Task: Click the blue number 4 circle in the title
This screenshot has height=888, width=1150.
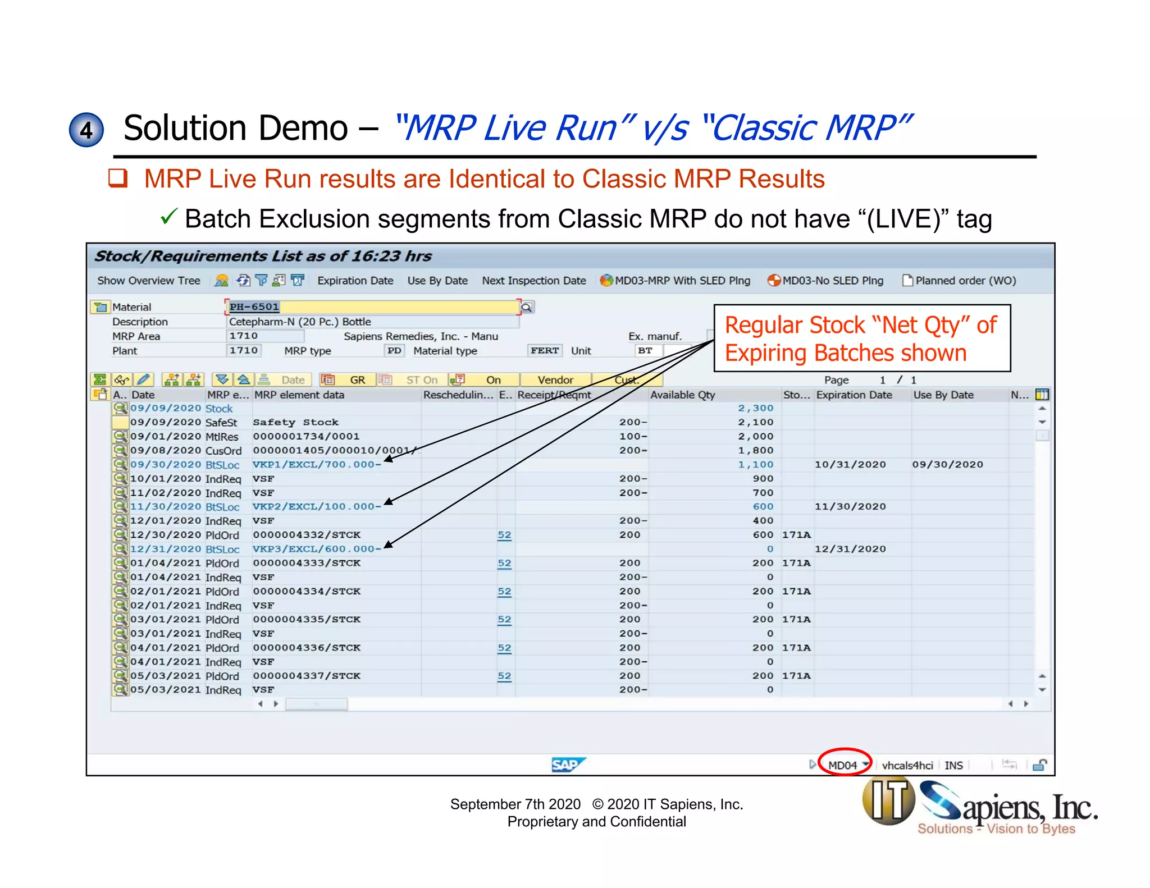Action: [x=86, y=130]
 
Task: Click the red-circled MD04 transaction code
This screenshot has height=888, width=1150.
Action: [x=843, y=765]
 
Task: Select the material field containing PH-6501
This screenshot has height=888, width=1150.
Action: [x=371, y=306]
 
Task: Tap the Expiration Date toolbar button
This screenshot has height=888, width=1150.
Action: [x=355, y=280]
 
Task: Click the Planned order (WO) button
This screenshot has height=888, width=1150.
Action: [x=960, y=280]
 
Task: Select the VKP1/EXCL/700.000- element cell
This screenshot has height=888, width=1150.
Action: [x=317, y=464]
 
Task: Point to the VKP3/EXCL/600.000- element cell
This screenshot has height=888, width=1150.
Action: [x=317, y=548]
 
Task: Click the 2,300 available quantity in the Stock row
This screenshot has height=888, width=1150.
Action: [x=755, y=408]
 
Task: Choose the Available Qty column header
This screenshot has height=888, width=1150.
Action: [x=682, y=395]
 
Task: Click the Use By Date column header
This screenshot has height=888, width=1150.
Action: [x=943, y=395]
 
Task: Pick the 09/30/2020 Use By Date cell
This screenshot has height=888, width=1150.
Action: [x=947, y=464]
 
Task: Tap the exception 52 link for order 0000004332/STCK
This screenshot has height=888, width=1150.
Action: [x=504, y=535]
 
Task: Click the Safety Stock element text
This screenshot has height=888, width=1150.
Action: [x=295, y=422]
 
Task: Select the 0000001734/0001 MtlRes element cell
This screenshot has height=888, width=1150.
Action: [x=305, y=436]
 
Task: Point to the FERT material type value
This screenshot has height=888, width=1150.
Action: [x=544, y=350]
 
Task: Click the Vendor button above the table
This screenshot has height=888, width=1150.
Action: [x=555, y=380]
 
